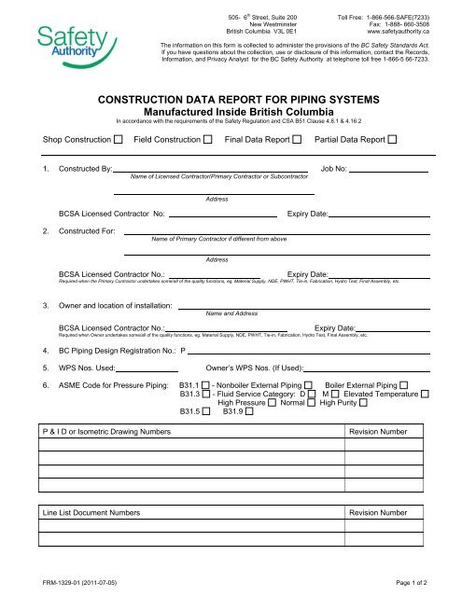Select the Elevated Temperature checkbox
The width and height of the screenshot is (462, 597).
point(426,368)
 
